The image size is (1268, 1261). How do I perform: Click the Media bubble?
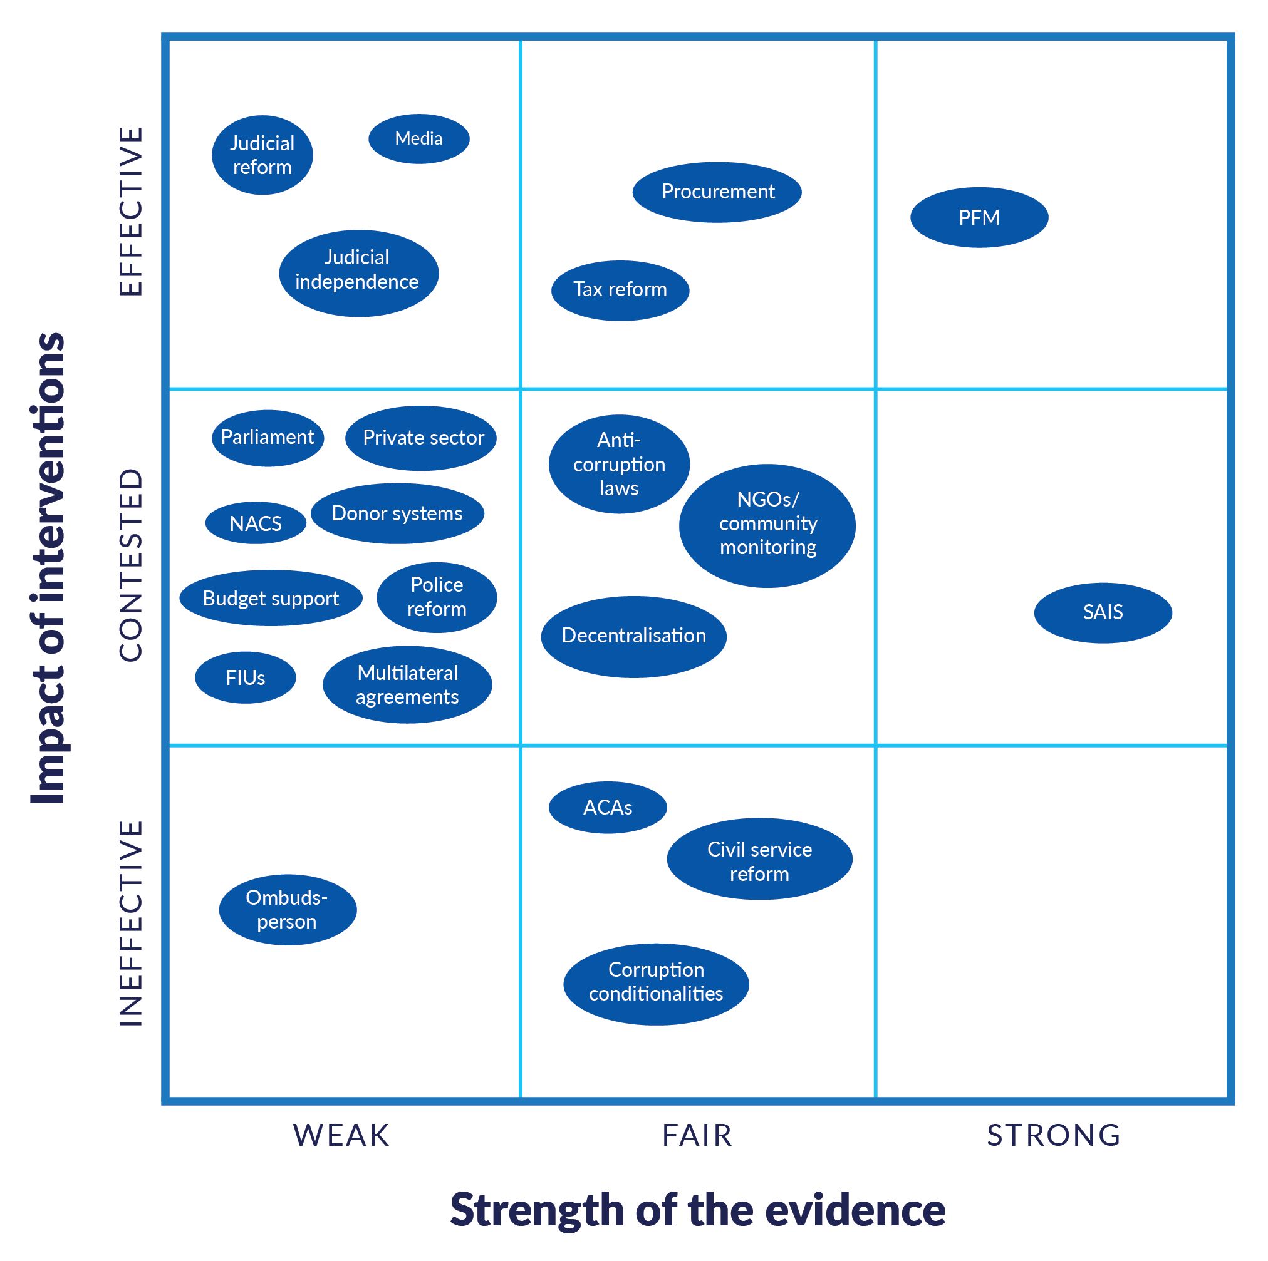pyautogui.click(x=418, y=139)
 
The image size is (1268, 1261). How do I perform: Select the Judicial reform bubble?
pyautogui.click(x=262, y=155)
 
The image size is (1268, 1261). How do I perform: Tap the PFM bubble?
pyautogui.click(x=979, y=217)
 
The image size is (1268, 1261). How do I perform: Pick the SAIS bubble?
pyautogui.click(x=1103, y=612)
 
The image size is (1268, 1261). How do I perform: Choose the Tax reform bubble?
pyautogui.click(x=620, y=290)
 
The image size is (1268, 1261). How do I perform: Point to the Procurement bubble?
pyautogui.click(x=717, y=192)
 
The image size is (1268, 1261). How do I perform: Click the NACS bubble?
pyautogui.click(x=256, y=523)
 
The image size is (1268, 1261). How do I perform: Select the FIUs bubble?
pyautogui.click(x=245, y=677)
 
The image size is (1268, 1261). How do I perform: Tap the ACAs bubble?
pyautogui.click(x=608, y=807)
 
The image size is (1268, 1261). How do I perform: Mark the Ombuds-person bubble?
pyautogui.click(x=287, y=909)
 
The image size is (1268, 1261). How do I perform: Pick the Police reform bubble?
pyautogui.click(x=437, y=597)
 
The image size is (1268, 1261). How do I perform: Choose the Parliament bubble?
pyautogui.click(x=267, y=438)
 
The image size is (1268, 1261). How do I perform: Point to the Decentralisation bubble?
pyautogui.click(x=633, y=636)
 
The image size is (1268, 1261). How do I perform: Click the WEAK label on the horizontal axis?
pyautogui.click(x=341, y=1135)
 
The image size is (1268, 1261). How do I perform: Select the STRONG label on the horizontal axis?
pyautogui.click(x=1054, y=1135)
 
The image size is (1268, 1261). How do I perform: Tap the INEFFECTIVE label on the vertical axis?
pyautogui.click(x=130, y=922)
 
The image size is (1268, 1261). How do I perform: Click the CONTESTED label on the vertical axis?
pyautogui.click(x=130, y=565)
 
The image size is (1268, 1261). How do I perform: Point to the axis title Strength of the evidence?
pyautogui.click(x=697, y=1209)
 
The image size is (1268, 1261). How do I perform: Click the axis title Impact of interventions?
pyautogui.click(x=49, y=567)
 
